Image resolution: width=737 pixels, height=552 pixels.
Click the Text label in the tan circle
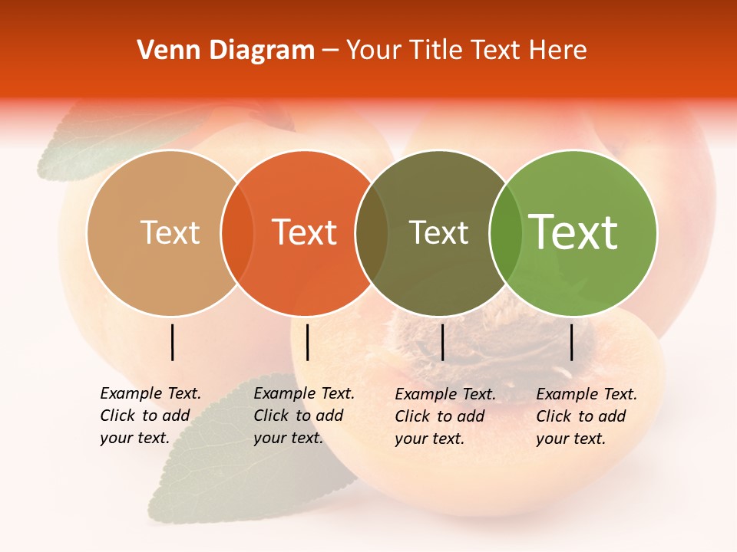170,232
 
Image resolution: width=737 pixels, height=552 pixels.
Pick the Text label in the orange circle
305,232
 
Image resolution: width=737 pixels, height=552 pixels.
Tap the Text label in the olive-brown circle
438,232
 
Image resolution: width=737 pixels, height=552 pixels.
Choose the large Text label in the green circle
573,232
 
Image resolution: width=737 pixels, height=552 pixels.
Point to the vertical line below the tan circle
172,342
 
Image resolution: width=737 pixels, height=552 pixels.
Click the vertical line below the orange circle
307,342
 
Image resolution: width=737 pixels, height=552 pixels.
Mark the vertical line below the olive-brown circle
442,342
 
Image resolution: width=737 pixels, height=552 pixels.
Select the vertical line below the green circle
571,342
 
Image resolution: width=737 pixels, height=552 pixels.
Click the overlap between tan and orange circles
237,232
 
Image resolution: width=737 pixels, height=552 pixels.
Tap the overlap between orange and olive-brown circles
372,232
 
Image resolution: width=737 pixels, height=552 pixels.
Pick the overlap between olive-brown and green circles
506,232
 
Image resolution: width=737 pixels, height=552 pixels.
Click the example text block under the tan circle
150,416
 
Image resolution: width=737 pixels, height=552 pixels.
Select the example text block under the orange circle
304,416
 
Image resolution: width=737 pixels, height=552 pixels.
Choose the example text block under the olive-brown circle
445,416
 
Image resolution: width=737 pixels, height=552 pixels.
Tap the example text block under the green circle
587,416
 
